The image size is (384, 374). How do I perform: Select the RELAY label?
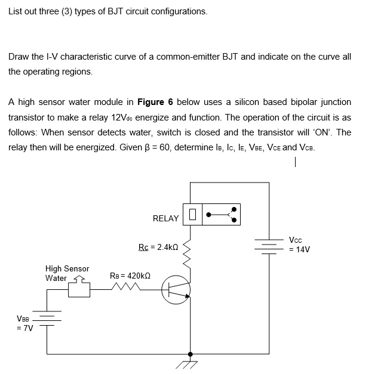[x=165, y=218]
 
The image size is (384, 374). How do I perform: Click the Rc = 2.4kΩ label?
[x=158, y=246]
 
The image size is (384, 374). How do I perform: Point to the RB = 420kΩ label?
[x=130, y=276]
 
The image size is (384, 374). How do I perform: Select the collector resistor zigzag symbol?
[x=190, y=255]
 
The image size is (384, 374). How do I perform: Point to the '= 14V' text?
[x=299, y=249]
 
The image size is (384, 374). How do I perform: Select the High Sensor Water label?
[x=67, y=273]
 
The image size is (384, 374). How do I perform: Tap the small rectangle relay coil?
[x=192, y=214]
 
